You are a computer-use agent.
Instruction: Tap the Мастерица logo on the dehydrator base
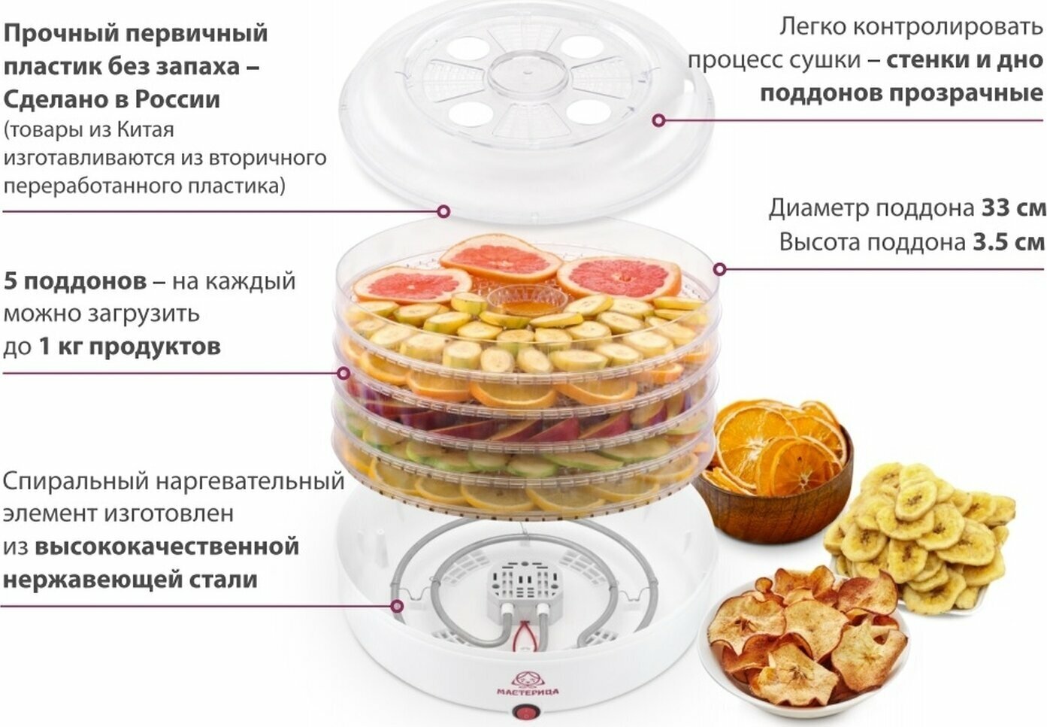pos(528,685)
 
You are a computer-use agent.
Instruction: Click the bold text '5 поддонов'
pos(75,281)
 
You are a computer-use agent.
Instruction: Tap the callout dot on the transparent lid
pos(658,120)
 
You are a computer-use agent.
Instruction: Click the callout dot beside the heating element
pos(397,606)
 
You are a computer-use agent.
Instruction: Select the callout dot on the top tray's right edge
pos(719,268)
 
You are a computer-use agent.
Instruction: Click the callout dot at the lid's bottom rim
pos(443,212)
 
